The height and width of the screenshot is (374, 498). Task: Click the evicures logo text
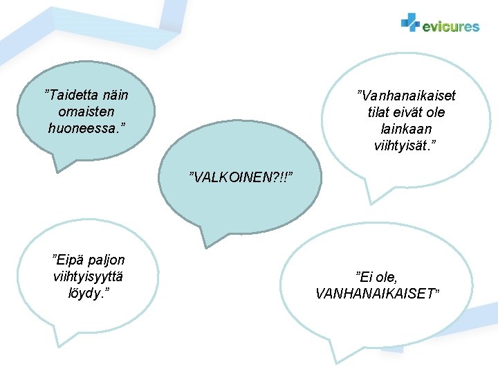pyautogui.click(x=450, y=26)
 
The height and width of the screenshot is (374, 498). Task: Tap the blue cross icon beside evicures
pyautogui.click(x=410, y=23)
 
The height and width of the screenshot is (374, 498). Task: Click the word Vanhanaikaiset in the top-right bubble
pyautogui.click(x=407, y=96)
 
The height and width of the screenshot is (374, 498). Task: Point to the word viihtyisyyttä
pyautogui.click(x=88, y=277)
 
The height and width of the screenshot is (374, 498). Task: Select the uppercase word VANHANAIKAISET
pyautogui.click(x=377, y=294)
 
